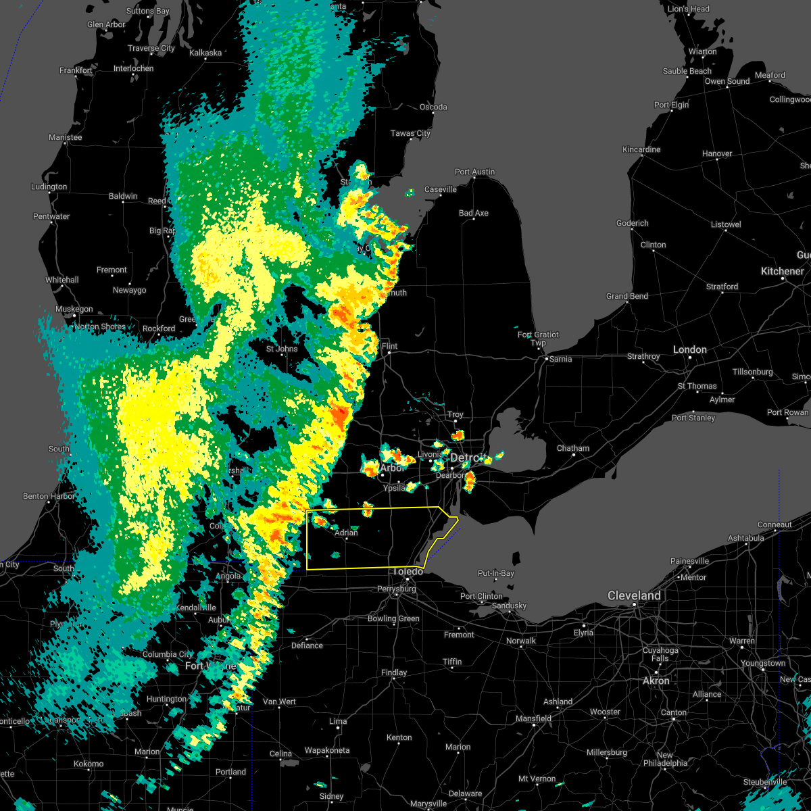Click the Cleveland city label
point(634,595)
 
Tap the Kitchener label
point(782,271)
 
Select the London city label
point(689,349)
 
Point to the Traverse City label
point(151,48)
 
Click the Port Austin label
point(474,172)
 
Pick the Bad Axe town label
point(473,213)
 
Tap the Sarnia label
point(560,359)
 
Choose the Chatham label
point(572,448)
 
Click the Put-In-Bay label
point(496,573)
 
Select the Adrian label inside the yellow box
point(346,533)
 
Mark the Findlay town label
point(394,672)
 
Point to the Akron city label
point(656,681)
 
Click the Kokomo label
point(89,764)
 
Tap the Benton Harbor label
point(49,496)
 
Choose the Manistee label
point(65,137)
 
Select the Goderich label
point(632,223)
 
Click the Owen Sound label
point(727,81)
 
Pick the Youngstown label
point(763,663)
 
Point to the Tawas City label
point(410,133)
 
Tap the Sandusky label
point(509,606)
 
